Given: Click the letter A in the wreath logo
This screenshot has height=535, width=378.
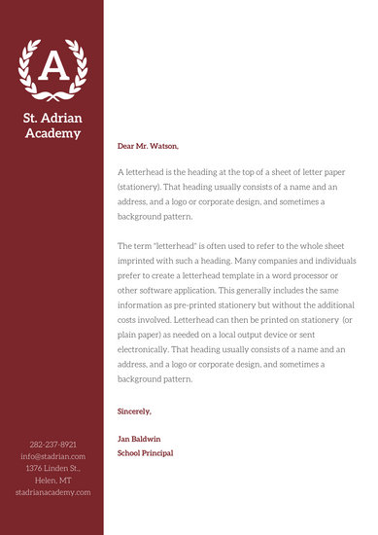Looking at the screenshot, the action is [x=52, y=66].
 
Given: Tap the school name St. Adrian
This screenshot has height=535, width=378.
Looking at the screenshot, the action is [x=52, y=118].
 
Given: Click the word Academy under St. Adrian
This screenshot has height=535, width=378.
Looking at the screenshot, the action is [x=52, y=133].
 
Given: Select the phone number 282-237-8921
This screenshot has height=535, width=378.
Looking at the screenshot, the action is [x=52, y=444].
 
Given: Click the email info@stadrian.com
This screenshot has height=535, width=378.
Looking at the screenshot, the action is [x=52, y=455].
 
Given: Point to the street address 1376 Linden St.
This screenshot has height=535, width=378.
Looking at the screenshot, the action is [x=52, y=468].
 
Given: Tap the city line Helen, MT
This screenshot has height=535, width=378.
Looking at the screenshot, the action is [x=52, y=480].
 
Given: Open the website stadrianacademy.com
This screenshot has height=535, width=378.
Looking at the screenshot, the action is [x=52, y=492].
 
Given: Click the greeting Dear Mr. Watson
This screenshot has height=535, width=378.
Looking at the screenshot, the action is [x=148, y=146].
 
